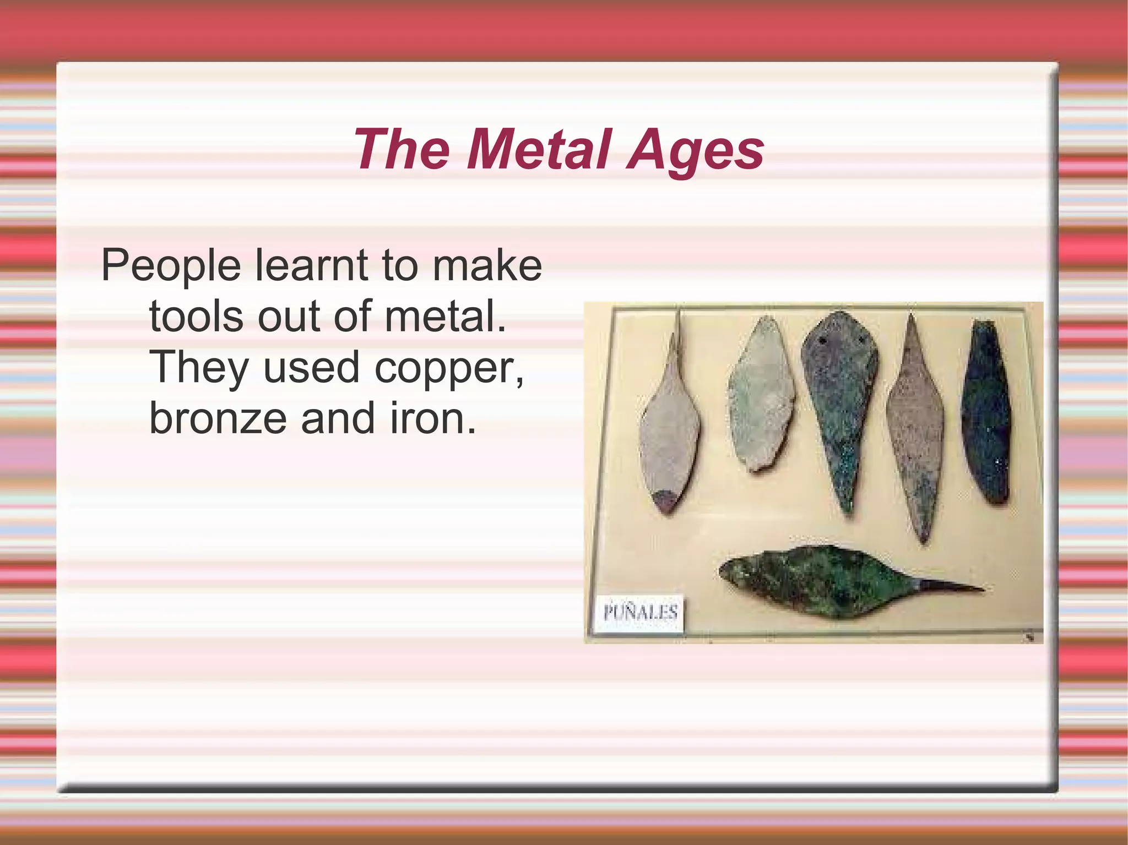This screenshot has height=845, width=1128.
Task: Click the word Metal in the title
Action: [539, 150]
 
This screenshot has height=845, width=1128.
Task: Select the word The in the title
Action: [401, 150]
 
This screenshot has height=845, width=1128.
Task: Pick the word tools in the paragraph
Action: [196, 317]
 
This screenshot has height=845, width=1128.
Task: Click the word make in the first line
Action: [487, 265]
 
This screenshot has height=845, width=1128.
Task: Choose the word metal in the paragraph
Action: [444, 317]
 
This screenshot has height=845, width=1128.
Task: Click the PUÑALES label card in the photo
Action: [640, 613]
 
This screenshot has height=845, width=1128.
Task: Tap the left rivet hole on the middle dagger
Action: [822, 341]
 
